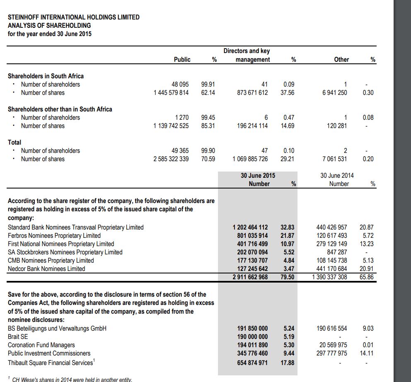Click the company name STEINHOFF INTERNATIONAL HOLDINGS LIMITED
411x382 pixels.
click(x=74, y=17)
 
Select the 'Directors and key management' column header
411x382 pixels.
click(x=247, y=55)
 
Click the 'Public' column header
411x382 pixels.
click(x=182, y=60)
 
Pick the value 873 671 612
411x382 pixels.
click(x=252, y=93)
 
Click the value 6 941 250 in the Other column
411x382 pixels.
click(x=334, y=93)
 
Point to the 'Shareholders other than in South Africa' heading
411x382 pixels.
click(x=60, y=109)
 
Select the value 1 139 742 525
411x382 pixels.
click(x=171, y=126)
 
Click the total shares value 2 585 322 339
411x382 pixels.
click(x=171, y=159)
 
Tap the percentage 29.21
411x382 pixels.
click(x=288, y=159)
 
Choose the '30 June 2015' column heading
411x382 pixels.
click(x=258, y=176)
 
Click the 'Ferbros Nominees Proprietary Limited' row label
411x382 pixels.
click(x=54, y=236)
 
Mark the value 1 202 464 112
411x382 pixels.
click(x=250, y=227)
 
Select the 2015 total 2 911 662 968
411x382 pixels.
click(x=250, y=277)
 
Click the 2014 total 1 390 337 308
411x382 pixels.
click(x=330, y=277)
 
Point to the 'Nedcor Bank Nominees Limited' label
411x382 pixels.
click(x=46, y=269)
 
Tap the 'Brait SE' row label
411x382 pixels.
click(x=18, y=337)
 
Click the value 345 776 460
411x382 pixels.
click(x=252, y=353)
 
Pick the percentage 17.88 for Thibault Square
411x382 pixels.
click(x=288, y=363)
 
